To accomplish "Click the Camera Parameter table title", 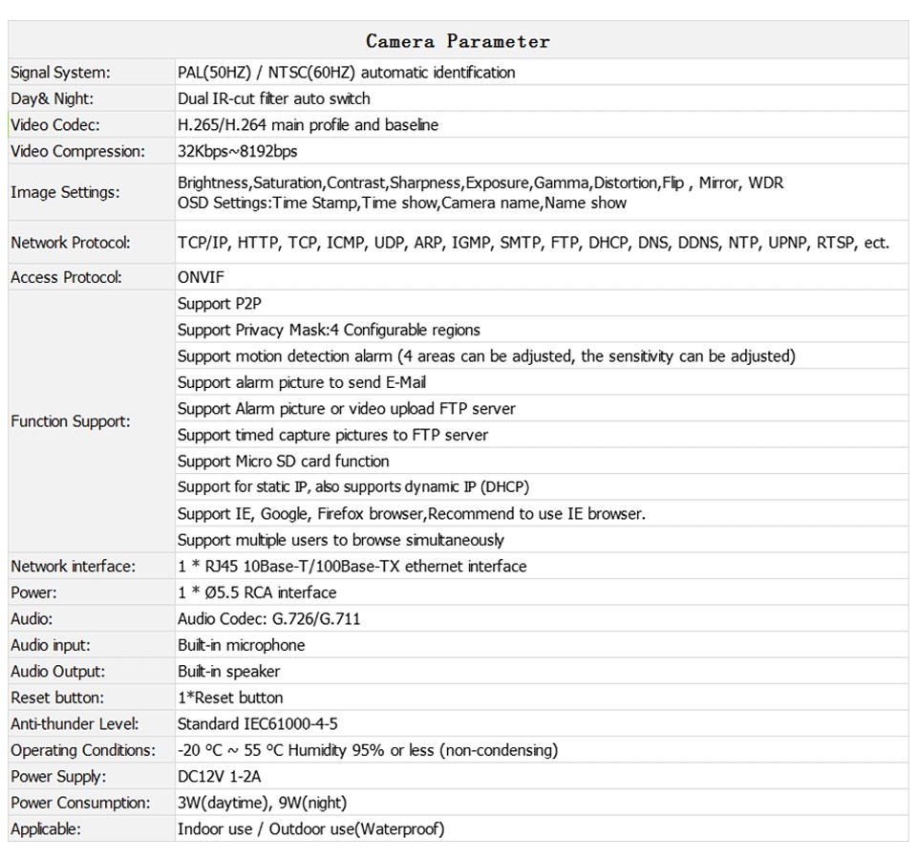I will click(458, 41).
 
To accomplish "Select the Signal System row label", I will click(60, 73).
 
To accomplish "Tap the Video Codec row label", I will click(55, 125).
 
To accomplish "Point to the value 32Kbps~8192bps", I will click(238, 151).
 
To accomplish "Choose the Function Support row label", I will click(71, 421).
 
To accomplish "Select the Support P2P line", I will click(220, 304).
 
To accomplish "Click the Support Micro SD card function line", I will click(283, 461).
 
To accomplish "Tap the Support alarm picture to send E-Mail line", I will click(302, 382).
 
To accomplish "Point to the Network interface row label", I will click(73, 567).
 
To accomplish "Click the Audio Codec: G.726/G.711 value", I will click(269, 619).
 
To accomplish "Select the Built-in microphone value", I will click(242, 645).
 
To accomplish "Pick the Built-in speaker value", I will click(229, 672).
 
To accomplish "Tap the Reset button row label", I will click(57, 698).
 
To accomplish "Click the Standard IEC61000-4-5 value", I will click(258, 724).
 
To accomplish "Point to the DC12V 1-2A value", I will click(220, 777).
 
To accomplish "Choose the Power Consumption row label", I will click(80, 803).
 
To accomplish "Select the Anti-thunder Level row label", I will click(75, 724).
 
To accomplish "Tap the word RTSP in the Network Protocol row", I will click(837, 243).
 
